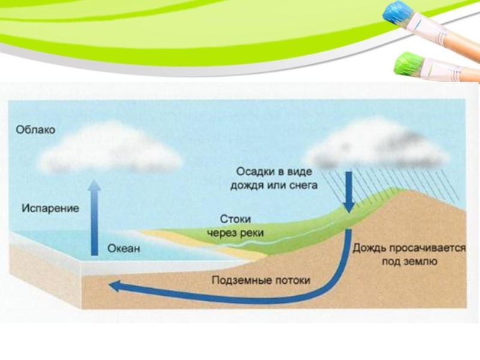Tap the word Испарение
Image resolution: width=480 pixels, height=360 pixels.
tap(51, 209)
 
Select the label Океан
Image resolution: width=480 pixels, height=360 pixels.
tap(124, 247)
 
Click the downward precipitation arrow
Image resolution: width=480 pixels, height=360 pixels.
tap(348, 192)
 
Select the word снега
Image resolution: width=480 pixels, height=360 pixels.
tap(302, 185)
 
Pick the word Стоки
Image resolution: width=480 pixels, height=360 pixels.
tap(235, 219)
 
